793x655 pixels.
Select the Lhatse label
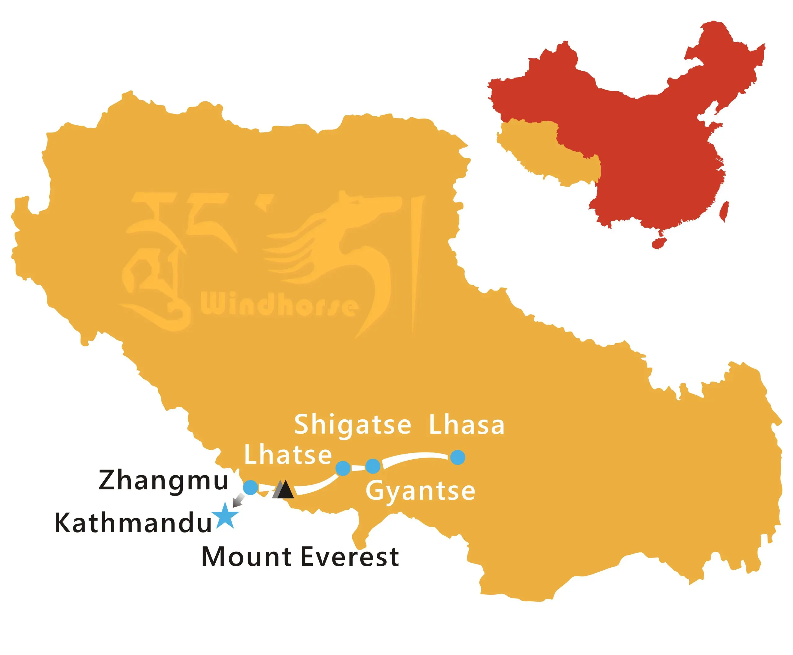288,455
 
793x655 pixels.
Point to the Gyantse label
420,492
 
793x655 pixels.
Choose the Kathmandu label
133,523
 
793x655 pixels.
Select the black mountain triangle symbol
285,490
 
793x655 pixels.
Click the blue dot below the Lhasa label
458,457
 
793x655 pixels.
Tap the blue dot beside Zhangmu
251,488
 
